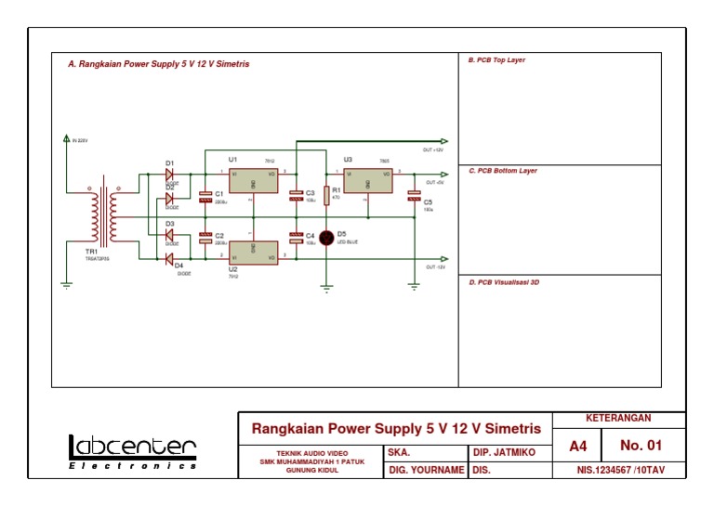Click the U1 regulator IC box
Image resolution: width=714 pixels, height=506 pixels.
[253, 180]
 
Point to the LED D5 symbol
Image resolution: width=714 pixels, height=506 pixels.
[327, 238]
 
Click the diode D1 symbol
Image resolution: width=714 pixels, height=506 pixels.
[170, 174]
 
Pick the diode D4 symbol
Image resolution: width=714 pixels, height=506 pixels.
[170, 258]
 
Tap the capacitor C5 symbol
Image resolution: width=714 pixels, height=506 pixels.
[414, 197]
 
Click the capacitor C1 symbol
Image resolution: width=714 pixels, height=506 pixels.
[205, 197]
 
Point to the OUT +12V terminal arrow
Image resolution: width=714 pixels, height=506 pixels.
[443, 141]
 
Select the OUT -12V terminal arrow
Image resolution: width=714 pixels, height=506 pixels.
[443, 259]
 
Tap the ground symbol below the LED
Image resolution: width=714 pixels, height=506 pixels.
[326, 289]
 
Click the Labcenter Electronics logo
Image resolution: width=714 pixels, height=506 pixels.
[132, 452]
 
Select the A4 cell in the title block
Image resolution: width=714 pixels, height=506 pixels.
[578, 447]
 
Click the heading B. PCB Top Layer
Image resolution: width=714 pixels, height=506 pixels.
[497, 60]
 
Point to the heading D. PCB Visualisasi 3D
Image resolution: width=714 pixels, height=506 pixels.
[504, 282]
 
